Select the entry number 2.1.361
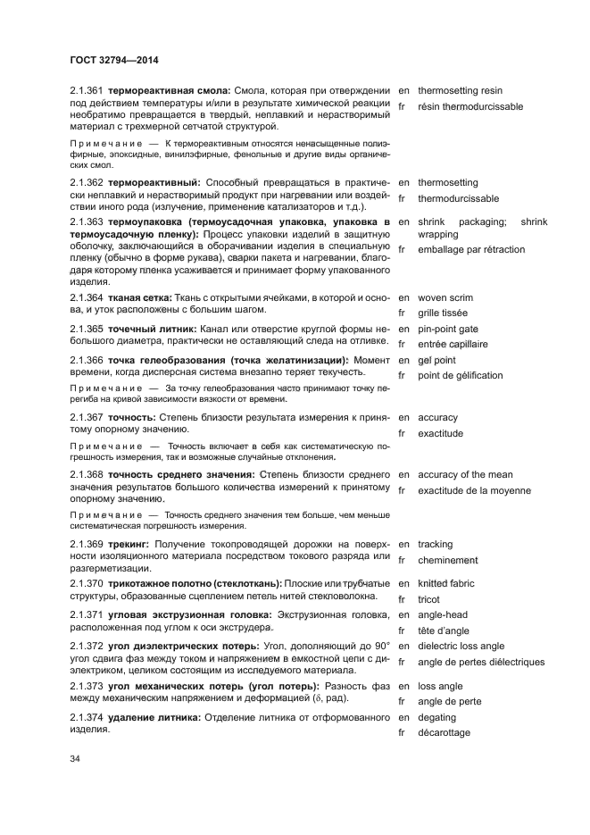point(87,91)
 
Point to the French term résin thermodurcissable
point(470,107)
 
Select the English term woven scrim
point(445,297)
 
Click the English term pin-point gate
point(448,329)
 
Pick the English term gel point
point(436,360)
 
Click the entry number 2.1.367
point(87,417)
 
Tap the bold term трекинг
point(129,545)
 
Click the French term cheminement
point(448,560)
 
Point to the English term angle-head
point(443,615)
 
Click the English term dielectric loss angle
point(461,647)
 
